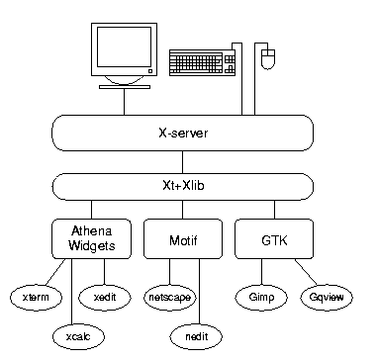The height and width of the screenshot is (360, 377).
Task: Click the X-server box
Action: [x=182, y=133]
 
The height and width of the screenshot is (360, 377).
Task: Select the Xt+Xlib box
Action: [x=182, y=187]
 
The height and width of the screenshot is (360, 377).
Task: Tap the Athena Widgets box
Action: [x=91, y=238]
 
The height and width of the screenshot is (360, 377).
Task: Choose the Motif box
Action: [x=183, y=238]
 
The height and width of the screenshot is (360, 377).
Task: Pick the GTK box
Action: [x=274, y=238]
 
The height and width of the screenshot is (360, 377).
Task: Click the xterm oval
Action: [x=36, y=298]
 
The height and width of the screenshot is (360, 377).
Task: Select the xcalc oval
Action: [x=78, y=336]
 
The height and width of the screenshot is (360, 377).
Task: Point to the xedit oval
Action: [x=105, y=298]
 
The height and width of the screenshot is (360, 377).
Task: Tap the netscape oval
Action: [x=170, y=298]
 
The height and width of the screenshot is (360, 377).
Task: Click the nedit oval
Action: [x=196, y=336]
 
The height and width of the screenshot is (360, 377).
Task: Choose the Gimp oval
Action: [x=261, y=298]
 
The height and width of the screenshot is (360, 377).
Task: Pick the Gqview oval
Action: [x=327, y=298]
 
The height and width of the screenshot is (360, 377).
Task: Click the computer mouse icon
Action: [x=268, y=59]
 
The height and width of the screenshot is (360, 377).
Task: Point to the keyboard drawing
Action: [x=202, y=62]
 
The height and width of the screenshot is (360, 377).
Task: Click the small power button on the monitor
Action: [x=150, y=71]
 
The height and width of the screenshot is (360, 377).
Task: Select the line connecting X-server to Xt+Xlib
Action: [x=182, y=162]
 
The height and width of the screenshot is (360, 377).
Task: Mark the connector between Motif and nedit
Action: [x=199, y=291]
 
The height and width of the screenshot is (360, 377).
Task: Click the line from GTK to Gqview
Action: [x=306, y=272]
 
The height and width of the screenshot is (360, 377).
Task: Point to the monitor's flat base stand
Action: [x=125, y=87]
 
